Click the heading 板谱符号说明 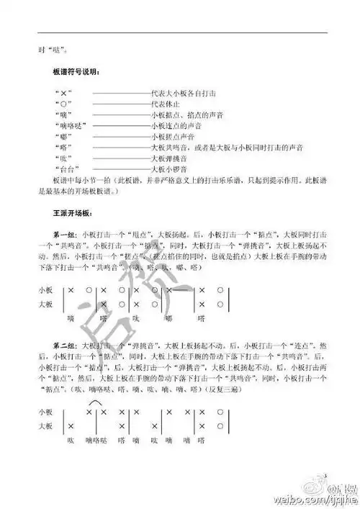pos(77,73)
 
